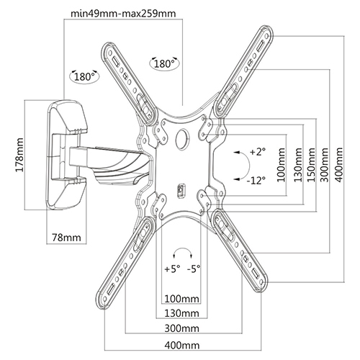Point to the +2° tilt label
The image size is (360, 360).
257,151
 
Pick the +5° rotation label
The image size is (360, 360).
171,271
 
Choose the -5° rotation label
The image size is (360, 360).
194,271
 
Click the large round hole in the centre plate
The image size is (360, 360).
181,138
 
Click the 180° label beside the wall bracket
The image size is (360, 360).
86,75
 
